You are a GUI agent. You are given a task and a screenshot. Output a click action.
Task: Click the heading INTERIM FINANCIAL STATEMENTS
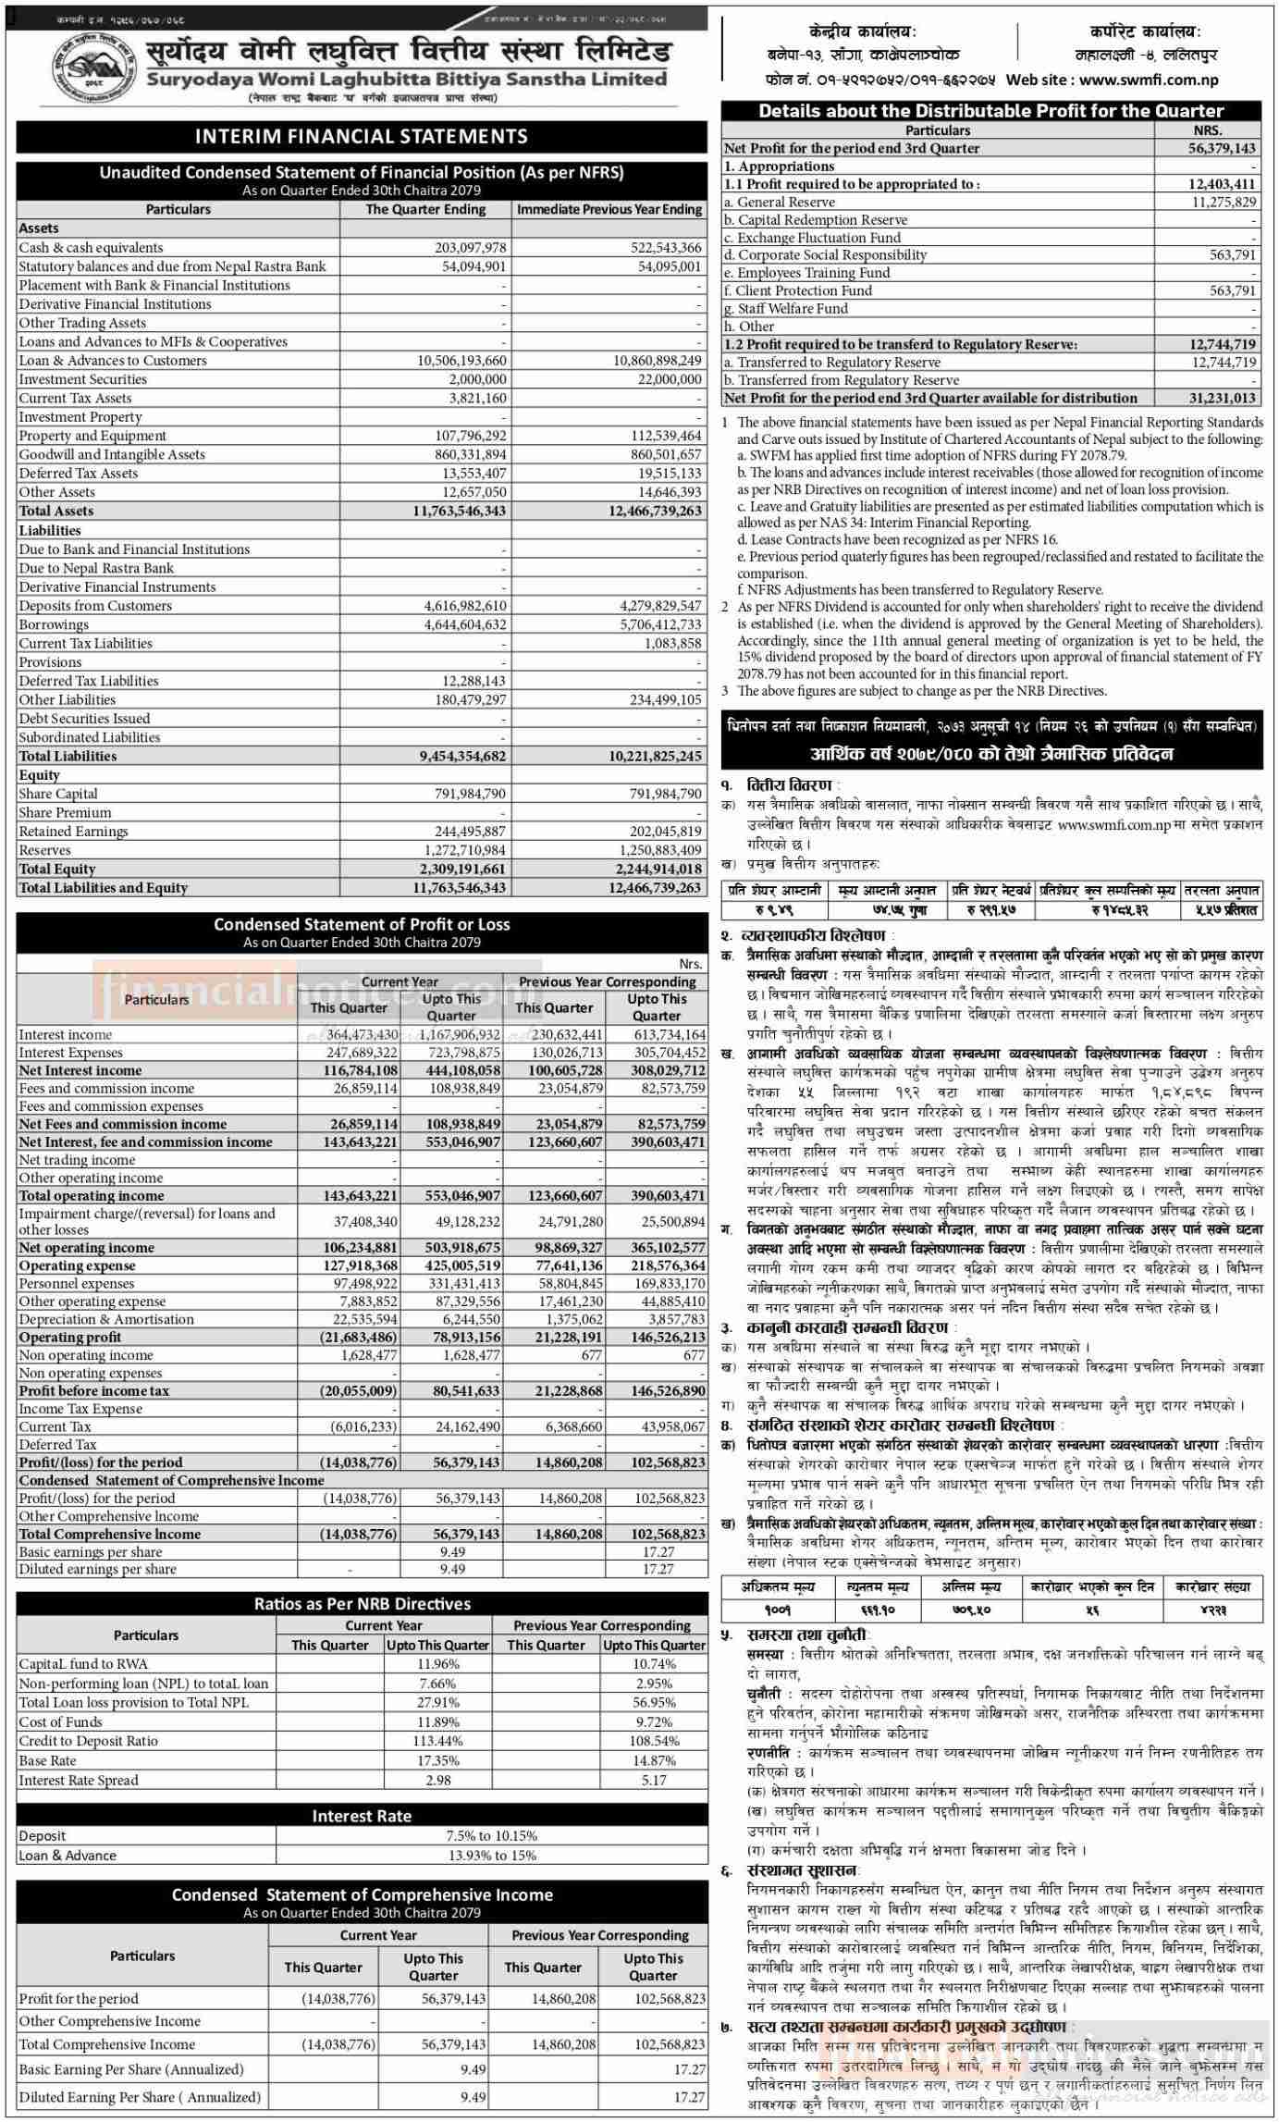361,137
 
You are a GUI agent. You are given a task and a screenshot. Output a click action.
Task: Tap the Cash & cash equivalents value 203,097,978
471,248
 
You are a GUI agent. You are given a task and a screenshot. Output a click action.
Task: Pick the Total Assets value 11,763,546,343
459,512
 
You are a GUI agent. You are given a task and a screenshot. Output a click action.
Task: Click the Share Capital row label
58,794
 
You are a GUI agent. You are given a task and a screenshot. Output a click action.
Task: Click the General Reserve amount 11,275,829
1224,202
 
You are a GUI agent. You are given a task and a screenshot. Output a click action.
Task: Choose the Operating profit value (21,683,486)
359,1337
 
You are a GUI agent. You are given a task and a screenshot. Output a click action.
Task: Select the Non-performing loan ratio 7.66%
437,1684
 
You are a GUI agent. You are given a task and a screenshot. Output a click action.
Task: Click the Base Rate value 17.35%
437,1760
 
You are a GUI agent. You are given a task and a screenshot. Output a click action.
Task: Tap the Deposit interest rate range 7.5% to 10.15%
491,1835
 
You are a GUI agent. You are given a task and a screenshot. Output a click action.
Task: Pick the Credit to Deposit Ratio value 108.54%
654,1741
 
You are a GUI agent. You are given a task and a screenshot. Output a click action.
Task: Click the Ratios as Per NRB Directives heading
362,1604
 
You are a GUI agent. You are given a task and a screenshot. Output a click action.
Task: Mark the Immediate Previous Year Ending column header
609,209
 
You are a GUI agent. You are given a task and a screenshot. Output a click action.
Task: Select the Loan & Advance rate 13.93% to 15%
491,1855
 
